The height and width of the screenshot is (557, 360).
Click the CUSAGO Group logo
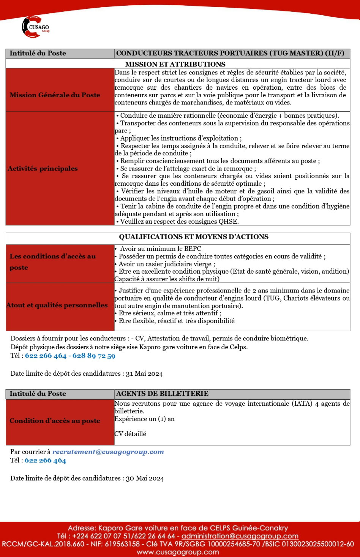[x=35, y=27]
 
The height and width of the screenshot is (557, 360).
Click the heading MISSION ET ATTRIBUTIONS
[x=175, y=64]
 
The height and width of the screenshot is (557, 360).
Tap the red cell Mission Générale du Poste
[x=55, y=95]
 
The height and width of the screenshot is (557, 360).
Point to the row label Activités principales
[x=43, y=168]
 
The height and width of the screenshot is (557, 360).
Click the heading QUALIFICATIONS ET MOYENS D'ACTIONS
[x=194, y=237]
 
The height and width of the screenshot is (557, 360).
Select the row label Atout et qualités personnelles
[x=57, y=305]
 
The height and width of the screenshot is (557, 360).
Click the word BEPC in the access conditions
[x=193, y=249]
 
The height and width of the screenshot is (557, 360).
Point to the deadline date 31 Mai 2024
[x=144, y=374]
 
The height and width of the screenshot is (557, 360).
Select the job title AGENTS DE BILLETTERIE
[x=162, y=394]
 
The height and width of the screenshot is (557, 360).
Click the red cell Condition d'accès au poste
[x=55, y=421]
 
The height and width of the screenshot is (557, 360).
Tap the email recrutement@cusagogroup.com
[x=108, y=452]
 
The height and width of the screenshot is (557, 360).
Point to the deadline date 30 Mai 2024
[x=145, y=478]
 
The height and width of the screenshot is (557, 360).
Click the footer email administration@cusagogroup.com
[x=240, y=536]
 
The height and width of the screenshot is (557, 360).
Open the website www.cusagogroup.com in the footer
[x=178, y=552]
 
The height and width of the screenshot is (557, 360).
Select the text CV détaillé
[x=130, y=434]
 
